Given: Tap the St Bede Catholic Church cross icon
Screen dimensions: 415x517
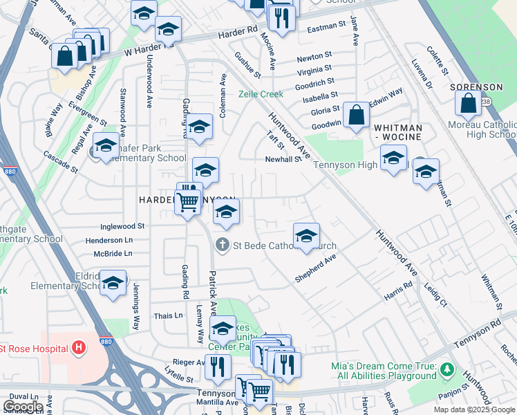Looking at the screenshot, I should (x=222, y=244).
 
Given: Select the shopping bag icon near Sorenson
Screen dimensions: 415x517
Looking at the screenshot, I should (x=468, y=104).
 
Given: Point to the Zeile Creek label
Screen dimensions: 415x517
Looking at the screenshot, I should (x=261, y=94).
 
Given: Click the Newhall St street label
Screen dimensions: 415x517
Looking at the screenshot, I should (x=283, y=159).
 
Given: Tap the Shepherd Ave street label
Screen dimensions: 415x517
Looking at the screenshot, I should (x=315, y=268).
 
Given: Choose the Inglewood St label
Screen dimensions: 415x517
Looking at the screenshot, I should (x=122, y=226).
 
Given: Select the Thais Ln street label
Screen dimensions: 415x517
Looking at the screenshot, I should (x=169, y=315).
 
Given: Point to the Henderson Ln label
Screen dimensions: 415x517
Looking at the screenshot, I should (x=109, y=240).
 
